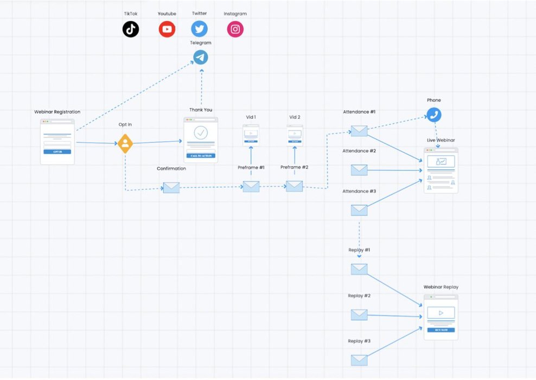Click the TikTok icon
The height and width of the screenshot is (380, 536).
pyautogui.click(x=131, y=29)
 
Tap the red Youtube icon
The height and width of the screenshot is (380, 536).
pyautogui.click(x=167, y=29)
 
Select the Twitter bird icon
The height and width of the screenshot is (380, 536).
pyautogui.click(x=199, y=29)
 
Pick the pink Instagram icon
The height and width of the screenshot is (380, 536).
pyautogui.click(x=235, y=29)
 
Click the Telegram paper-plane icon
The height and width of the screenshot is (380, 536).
pyautogui.click(x=201, y=57)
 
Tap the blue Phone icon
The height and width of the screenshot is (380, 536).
pyautogui.click(x=433, y=115)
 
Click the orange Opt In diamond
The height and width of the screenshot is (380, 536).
pyautogui.click(x=125, y=143)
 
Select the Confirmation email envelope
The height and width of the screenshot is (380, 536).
pyautogui.click(x=171, y=188)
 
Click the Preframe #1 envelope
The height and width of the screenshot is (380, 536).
pyautogui.click(x=251, y=186)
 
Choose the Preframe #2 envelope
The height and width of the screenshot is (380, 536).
pyautogui.click(x=294, y=186)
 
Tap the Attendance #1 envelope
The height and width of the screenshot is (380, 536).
pyautogui.click(x=359, y=131)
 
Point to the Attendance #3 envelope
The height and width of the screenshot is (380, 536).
pyautogui.click(x=359, y=210)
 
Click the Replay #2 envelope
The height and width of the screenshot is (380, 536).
pyautogui.click(x=359, y=314)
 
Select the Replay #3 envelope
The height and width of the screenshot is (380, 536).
pyautogui.click(x=359, y=360)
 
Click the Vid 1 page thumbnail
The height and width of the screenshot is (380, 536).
pyautogui.click(x=251, y=135)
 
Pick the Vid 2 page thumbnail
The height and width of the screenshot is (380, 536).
pyautogui.click(x=295, y=135)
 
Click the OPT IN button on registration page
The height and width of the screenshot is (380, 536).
pyautogui.click(x=57, y=152)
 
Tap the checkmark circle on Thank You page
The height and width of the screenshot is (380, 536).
pyautogui.click(x=201, y=132)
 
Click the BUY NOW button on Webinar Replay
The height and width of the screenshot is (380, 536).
pyautogui.click(x=441, y=330)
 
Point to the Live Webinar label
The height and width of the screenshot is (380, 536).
pyautogui.click(x=441, y=141)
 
